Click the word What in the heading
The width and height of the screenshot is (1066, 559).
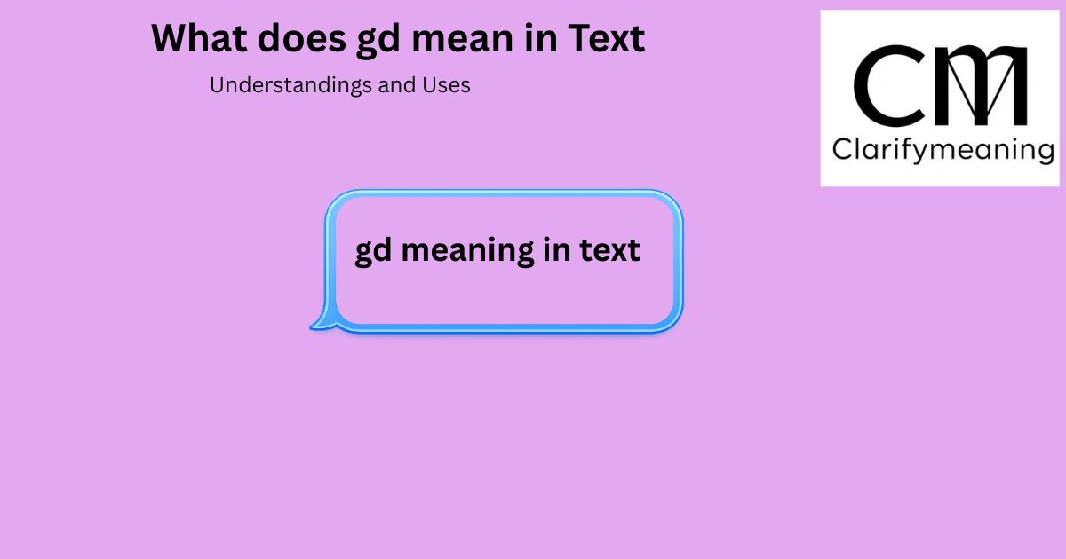tap(199, 38)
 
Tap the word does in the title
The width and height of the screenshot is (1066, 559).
tap(302, 38)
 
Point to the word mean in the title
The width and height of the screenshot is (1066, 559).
tap(462, 41)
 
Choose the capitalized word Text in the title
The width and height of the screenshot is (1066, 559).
tap(606, 38)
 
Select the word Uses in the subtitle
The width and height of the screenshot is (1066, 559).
tap(446, 85)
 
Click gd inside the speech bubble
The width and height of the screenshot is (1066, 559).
tap(374, 251)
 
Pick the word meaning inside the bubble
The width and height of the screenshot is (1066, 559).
tap(467, 251)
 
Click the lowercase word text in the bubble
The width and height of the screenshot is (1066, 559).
tap(609, 250)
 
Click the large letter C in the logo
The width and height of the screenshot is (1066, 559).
tap(888, 86)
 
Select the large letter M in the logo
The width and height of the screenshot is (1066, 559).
tap(982, 86)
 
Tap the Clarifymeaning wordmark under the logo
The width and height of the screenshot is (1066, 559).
tap(943, 151)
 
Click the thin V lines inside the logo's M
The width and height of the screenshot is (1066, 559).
tap(981, 88)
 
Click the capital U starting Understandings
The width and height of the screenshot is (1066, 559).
tap(217, 85)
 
